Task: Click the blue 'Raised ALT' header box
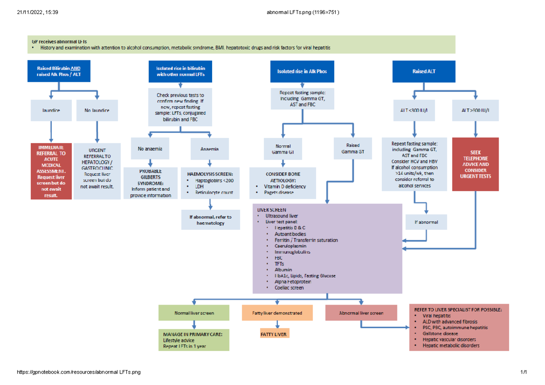click(x=419, y=71)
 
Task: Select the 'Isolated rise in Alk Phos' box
click(x=302, y=71)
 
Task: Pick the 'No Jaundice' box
click(x=96, y=110)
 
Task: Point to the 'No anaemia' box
click(x=150, y=148)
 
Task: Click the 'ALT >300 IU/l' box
click(x=475, y=110)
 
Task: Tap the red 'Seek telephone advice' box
click(x=475, y=164)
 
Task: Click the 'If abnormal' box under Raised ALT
click(x=426, y=222)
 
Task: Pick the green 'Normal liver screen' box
click(x=194, y=313)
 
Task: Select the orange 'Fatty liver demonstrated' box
click(x=277, y=313)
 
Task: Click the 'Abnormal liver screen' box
click(x=361, y=313)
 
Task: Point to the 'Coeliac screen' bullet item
click(x=289, y=287)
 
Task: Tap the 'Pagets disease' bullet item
click(x=278, y=192)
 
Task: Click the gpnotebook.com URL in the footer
click(x=78, y=372)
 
